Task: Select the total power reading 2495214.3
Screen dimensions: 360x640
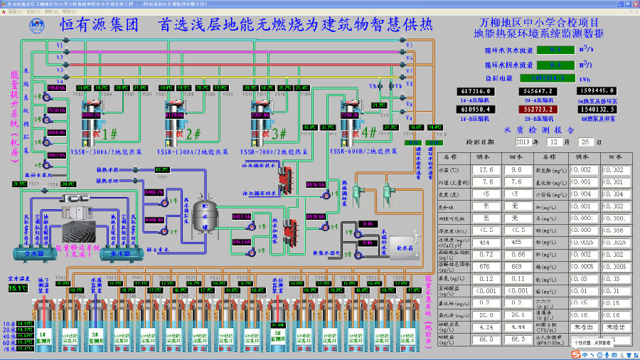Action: click(558, 78)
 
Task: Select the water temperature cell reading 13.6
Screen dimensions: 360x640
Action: click(487, 170)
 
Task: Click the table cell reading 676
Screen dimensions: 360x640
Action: click(487, 266)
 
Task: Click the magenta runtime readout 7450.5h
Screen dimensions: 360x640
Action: click(56, 88)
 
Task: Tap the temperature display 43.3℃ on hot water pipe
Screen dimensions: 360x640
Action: click(162, 170)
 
